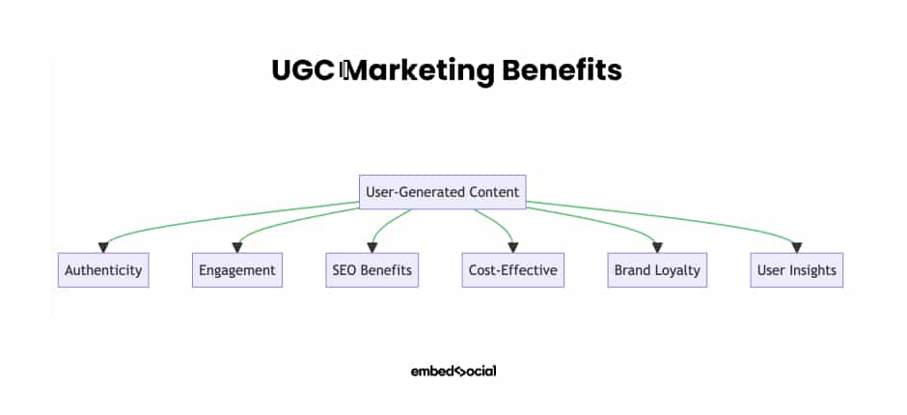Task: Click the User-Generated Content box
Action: point(443,192)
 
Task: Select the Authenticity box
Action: point(103,270)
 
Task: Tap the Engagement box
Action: point(237,270)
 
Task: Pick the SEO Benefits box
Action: point(371,270)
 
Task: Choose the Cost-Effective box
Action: point(513,270)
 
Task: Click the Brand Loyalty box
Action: point(657,270)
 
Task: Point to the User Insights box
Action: point(797,270)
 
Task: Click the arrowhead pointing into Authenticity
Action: point(103,248)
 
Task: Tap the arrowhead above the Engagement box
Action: point(237,248)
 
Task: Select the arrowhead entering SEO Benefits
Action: point(371,248)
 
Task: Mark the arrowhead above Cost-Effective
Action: point(513,248)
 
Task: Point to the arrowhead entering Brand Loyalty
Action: point(657,248)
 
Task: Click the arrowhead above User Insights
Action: point(797,248)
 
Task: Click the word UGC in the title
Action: point(303,70)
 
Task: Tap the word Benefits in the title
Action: point(563,70)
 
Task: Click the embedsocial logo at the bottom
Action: point(453,371)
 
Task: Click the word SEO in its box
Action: point(344,270)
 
